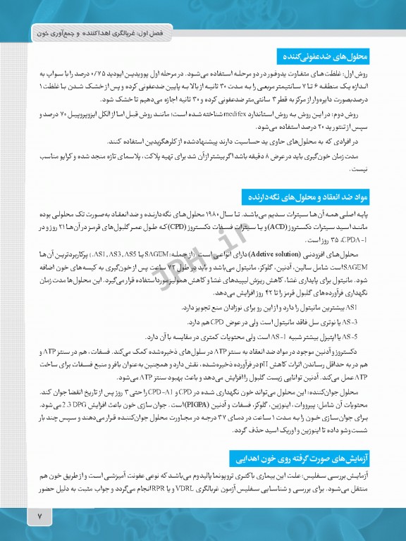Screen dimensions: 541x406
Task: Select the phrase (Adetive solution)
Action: coord(283,253)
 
